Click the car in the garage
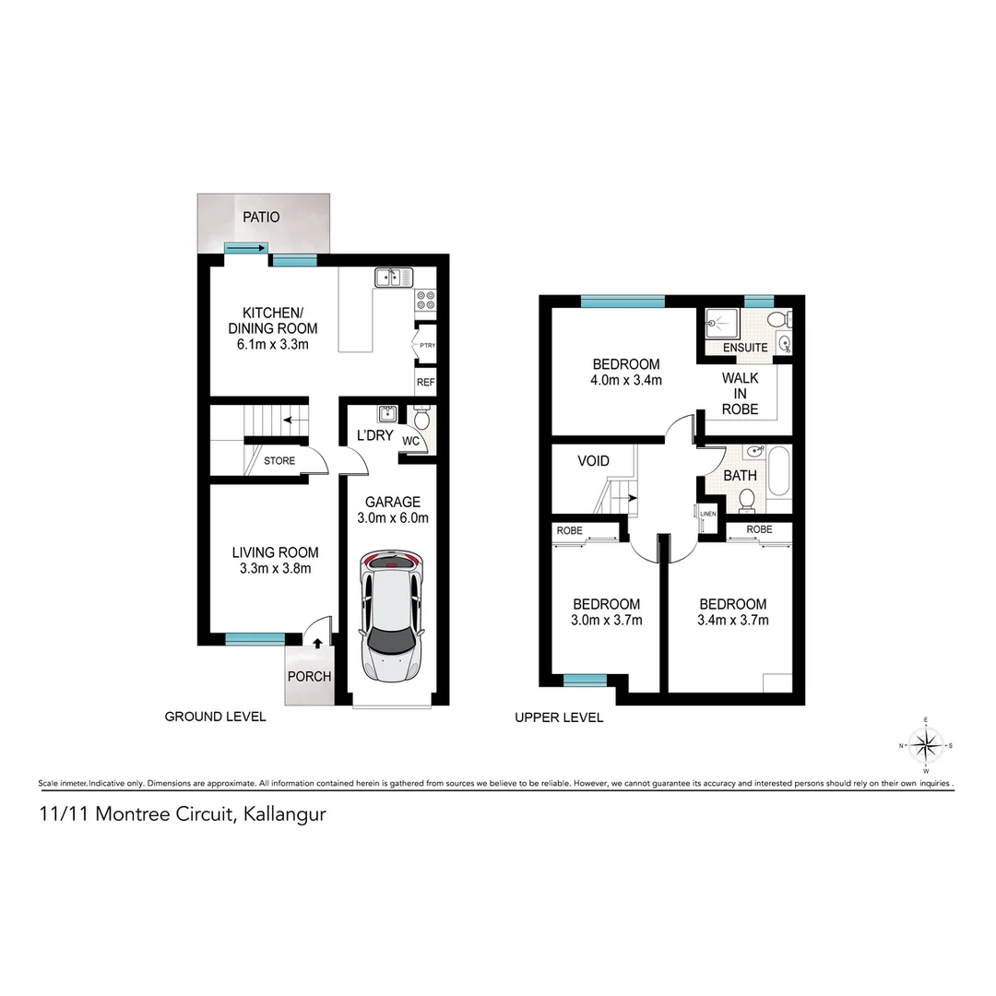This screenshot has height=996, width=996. click(393, 615)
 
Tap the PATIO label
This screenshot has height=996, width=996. click(261, 218)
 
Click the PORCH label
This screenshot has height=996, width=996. click(310, 676)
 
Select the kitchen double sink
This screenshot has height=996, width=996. click(394, 277)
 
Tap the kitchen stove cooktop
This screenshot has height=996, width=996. click(425, 299)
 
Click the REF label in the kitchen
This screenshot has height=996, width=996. click(425, 382)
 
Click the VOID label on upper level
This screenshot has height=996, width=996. click(593, 461)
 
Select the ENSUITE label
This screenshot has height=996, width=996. click(745, 348)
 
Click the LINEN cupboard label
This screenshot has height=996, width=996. click(708, 514)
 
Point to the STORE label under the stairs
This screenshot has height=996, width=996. click(279, 460)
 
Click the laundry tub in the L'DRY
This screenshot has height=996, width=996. click(386, 413)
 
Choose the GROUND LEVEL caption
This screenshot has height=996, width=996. click(215, 717)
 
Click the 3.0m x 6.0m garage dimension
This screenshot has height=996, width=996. click(393, 518)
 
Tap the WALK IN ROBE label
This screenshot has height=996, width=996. click(741, 394)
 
